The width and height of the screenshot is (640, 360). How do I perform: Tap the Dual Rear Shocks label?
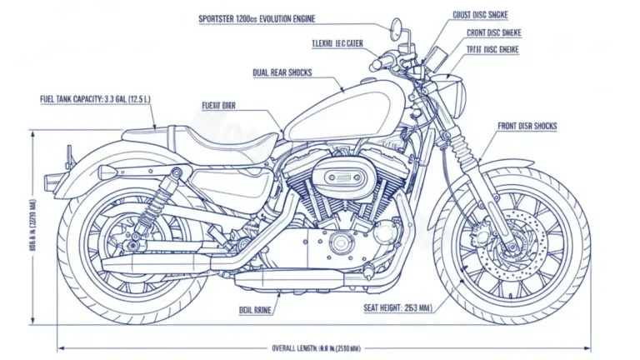pos(282,72)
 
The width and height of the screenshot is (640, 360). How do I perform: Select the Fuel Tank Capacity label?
pos(94,99)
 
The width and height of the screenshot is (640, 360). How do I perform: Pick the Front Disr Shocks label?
pos(527,127)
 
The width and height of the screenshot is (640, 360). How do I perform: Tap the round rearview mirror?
pos(397,32)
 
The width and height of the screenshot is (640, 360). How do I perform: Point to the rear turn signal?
pos(107,171)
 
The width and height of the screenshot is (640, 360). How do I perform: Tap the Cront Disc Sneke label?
pos(494,32)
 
